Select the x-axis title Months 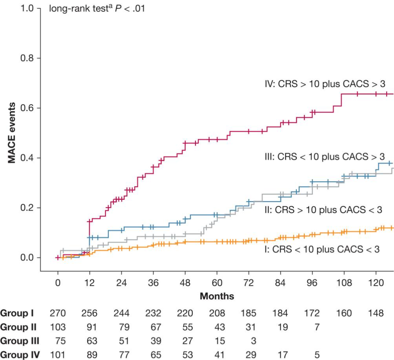217,296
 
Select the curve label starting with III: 324,156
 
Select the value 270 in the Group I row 58,314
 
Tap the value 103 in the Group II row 58,327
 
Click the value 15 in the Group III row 217,340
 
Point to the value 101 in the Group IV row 58,354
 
